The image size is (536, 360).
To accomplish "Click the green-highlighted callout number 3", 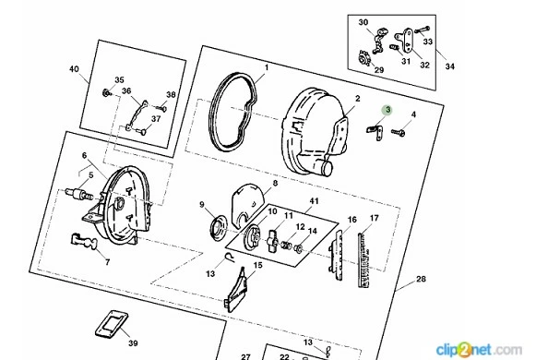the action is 387,110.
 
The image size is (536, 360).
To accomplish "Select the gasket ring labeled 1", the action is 214,113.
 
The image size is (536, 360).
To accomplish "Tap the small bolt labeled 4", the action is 399,132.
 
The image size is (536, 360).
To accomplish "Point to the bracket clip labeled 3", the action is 375,131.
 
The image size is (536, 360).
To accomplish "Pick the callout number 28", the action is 421,279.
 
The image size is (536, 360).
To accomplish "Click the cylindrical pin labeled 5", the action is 79,194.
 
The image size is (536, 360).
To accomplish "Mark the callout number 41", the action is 314,201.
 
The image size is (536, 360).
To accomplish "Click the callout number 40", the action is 74,68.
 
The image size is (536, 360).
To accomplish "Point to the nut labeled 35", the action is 107,92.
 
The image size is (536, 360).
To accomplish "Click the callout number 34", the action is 450,66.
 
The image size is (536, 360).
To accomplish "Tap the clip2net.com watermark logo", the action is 479,350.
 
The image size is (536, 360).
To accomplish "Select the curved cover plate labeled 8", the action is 247,204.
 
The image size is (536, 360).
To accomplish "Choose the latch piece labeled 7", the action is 84,241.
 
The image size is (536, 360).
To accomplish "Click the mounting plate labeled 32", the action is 407,40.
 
